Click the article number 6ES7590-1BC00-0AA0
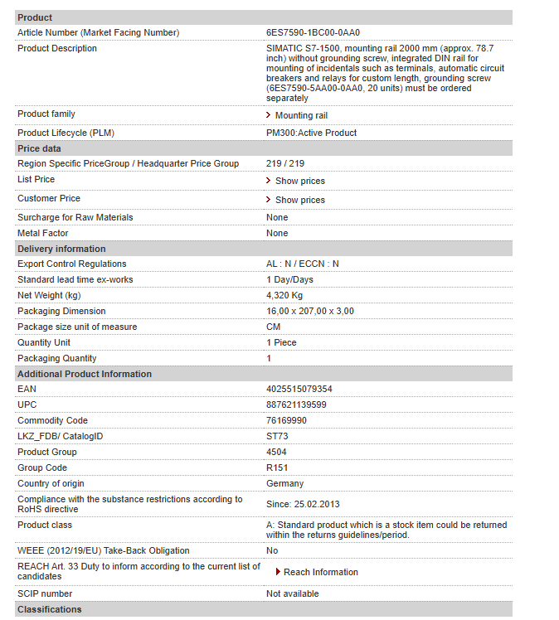pos(314,32)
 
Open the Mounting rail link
pos(301,115)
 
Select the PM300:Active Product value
pos(311,133)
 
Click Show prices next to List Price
pos(299,181)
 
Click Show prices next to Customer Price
pos(299,200)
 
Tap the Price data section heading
pos(39,148)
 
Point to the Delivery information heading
pos(61,249)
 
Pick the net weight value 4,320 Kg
pos(284,295)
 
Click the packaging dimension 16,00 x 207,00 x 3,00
pos(310,311)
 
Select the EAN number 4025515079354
pos(299,389)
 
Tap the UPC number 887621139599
pos(296,404)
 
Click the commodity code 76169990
pos(286,420)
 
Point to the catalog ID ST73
pos(277,436)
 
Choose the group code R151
pos(277,467)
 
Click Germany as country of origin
pos(284,483)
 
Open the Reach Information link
pos(320,572)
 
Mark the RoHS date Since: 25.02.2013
pos(303,504)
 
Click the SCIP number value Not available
pos(292,593)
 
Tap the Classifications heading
pos(50,609)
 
